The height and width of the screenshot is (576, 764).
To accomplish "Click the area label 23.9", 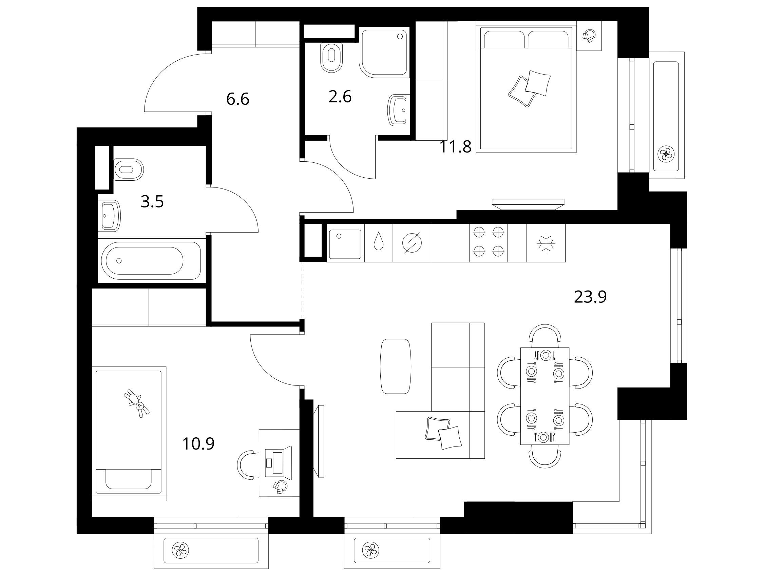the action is [590, 297].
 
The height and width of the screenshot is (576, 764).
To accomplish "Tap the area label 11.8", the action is [455, 147].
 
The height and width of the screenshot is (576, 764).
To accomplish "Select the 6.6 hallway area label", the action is [237, 99].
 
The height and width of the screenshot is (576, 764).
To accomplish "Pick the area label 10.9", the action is [198, 444].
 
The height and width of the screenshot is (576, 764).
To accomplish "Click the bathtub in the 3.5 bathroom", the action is [151, 261].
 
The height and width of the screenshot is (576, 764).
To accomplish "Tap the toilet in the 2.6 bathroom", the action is [331, 57].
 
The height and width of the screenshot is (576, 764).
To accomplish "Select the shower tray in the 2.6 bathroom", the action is [384, 52].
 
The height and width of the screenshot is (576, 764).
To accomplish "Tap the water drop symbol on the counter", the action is [379, 241].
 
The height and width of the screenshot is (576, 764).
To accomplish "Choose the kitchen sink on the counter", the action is [345, 244].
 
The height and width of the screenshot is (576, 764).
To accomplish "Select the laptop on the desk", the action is [279, 461].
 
